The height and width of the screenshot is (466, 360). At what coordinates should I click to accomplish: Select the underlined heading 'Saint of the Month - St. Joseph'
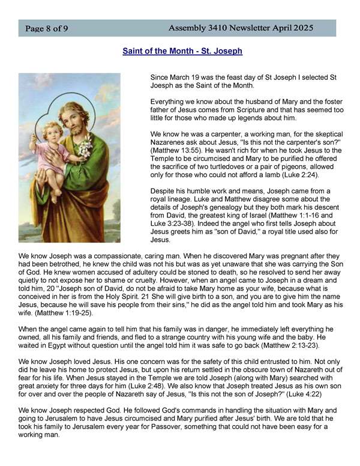(x=182, y=51)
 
